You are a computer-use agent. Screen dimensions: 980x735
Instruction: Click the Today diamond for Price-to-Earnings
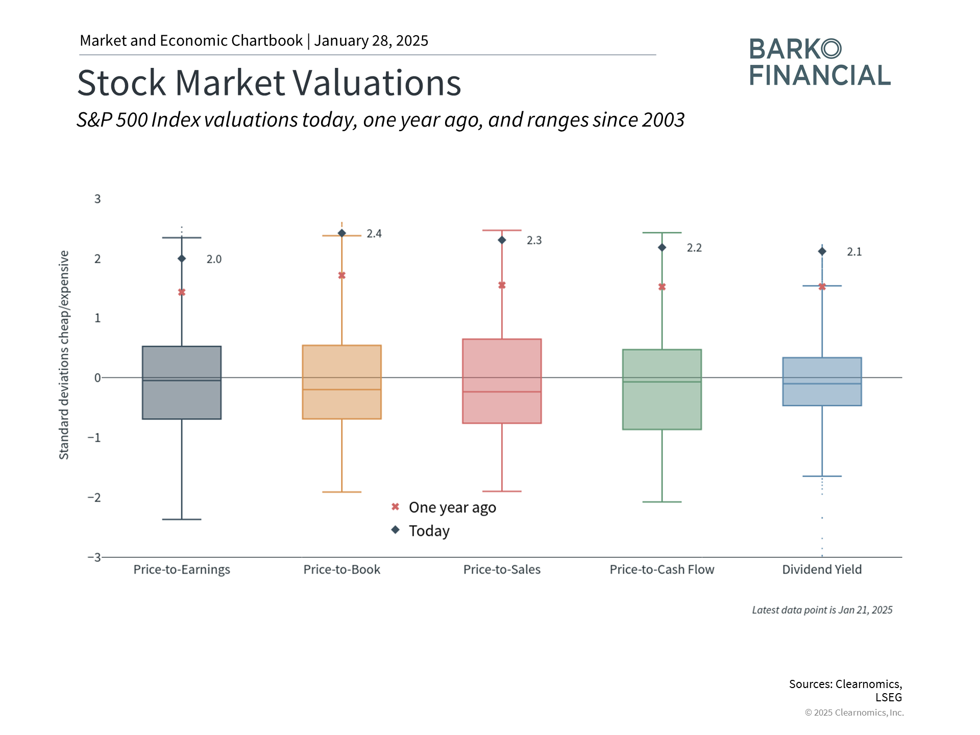(182, 259)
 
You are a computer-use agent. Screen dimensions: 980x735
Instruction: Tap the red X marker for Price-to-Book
(342, 276)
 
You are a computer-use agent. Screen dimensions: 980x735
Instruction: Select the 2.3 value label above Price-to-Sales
(534, 240)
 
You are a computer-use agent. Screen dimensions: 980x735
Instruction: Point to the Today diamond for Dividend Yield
(822, 251)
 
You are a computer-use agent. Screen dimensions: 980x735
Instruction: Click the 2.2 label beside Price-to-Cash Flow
(694, 248)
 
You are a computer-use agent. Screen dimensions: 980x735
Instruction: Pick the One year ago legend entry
(444, 507)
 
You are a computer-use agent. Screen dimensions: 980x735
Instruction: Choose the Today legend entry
(421, 531)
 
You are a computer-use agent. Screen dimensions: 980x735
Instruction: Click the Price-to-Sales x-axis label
(502, 570)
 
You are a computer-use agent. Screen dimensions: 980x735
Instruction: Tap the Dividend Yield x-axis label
(822, 570)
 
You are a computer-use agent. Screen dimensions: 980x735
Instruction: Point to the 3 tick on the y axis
(97, 199)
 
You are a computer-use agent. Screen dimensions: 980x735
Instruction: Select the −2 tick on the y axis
(94, 498)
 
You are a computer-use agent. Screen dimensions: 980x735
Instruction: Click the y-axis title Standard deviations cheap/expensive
(64, 355)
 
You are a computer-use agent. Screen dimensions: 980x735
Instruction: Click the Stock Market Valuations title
(269, 83)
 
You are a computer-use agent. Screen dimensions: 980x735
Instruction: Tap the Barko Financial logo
(820, 62)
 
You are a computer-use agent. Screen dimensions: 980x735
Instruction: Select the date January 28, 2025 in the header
(371, 41)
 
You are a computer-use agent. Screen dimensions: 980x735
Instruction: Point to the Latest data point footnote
(822, 610)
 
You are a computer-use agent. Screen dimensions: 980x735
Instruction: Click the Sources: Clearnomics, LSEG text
(846, 691)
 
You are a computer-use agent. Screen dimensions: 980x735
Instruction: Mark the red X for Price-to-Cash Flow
(662, 287)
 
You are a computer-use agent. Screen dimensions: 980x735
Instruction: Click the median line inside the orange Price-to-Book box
(342, 390)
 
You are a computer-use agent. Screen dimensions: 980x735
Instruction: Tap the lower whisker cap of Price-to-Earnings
(182, 520)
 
